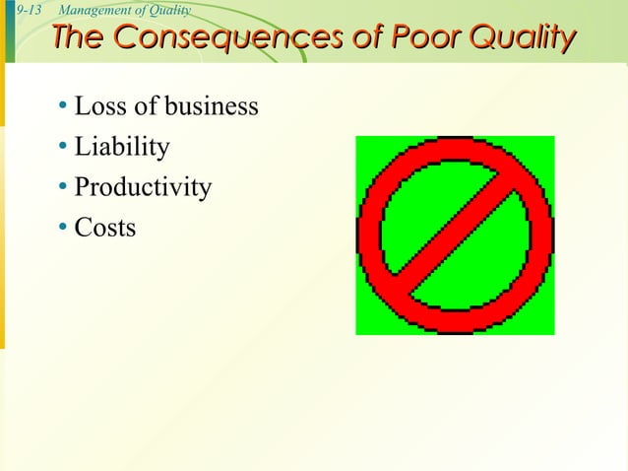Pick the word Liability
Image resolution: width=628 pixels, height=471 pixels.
pos(122,147)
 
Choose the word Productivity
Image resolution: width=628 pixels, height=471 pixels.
pos(143,187)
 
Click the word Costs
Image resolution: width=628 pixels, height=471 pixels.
pos(105,228)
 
